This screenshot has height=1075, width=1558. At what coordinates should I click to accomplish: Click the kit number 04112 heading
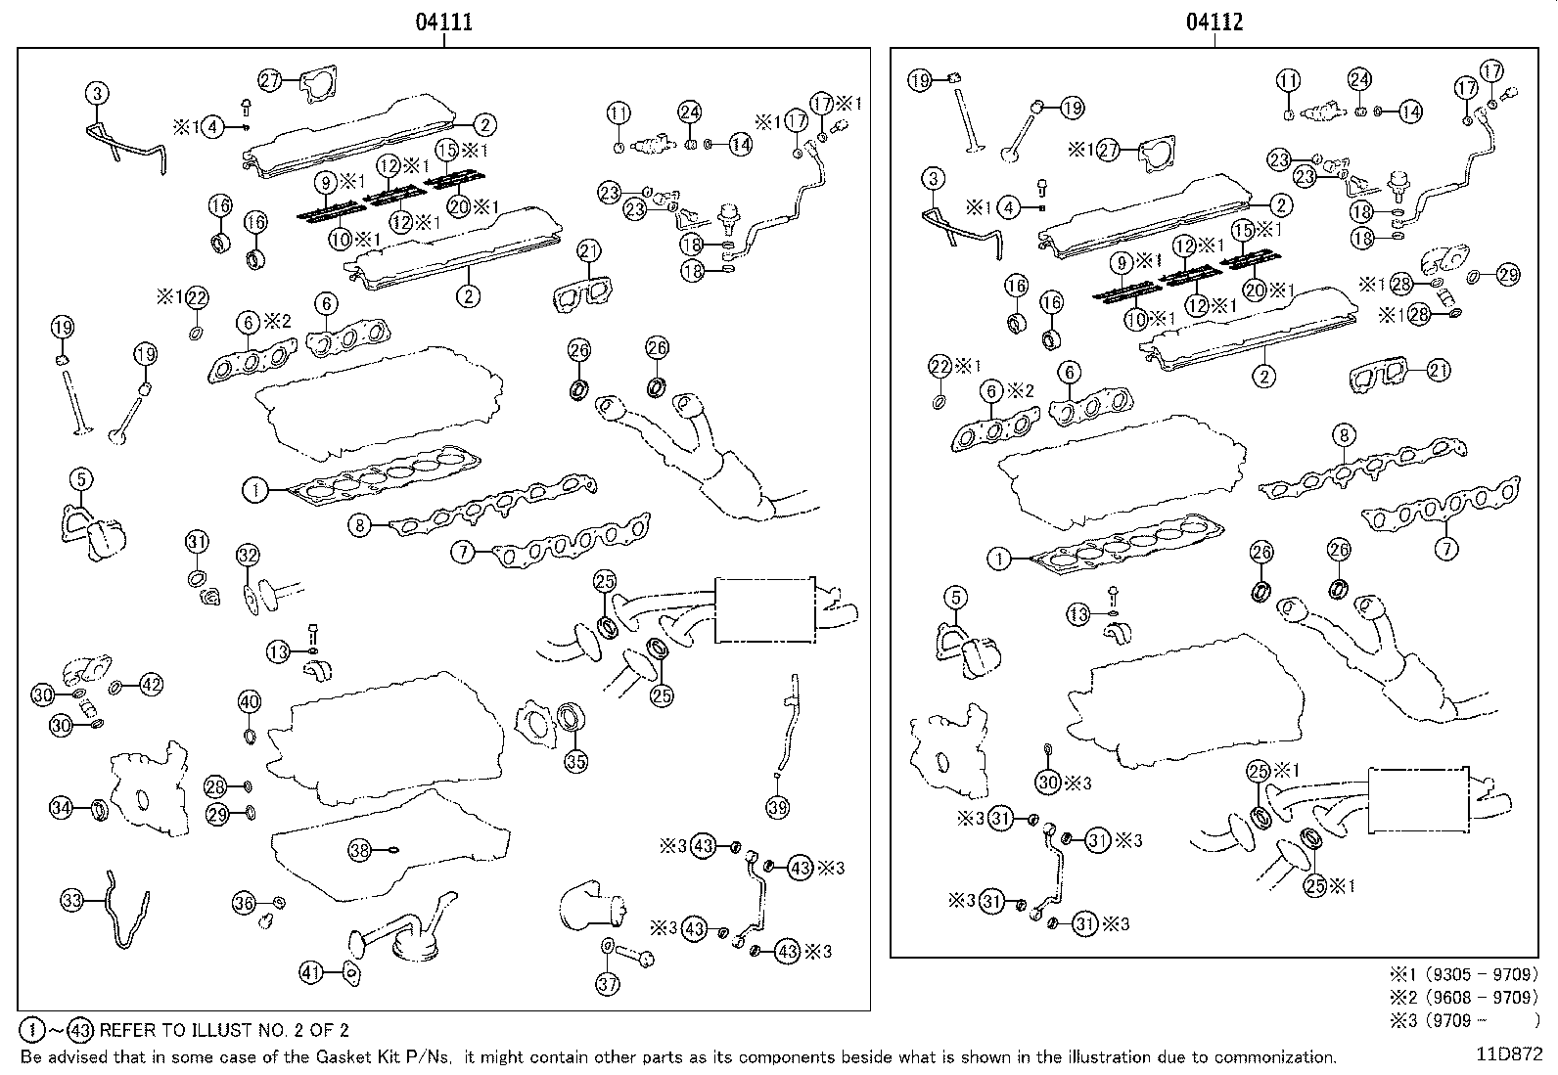point(1214,22)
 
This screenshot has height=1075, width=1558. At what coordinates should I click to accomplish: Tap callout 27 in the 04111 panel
point(270,81)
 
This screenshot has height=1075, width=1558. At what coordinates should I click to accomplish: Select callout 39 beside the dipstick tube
point(778,807)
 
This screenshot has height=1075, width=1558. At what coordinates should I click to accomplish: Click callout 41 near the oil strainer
point(310,972)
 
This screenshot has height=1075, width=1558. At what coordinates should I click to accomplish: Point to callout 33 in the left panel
point(71,901)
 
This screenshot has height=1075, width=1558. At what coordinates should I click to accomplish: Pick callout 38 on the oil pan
point(361,851)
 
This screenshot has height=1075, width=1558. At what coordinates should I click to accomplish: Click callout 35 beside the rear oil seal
point(576,761)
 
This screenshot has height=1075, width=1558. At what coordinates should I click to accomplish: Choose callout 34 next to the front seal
point(61,807)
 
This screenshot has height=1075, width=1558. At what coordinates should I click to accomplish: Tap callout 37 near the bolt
point(608,984)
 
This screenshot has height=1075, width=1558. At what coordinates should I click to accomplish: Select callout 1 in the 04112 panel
point(998,560)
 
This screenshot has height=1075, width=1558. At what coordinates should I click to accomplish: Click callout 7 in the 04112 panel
point(1446,549)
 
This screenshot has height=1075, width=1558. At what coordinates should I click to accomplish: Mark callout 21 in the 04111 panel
point(588,250)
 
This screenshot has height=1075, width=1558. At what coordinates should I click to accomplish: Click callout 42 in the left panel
point(151,685)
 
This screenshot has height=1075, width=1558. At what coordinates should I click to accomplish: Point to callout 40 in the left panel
point(249,701)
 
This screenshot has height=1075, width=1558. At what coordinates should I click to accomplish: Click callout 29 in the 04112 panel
point(1508,275)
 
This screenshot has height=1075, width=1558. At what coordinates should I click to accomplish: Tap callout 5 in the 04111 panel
point(81,478)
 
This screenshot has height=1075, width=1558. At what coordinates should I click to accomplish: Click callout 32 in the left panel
point(248,556)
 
